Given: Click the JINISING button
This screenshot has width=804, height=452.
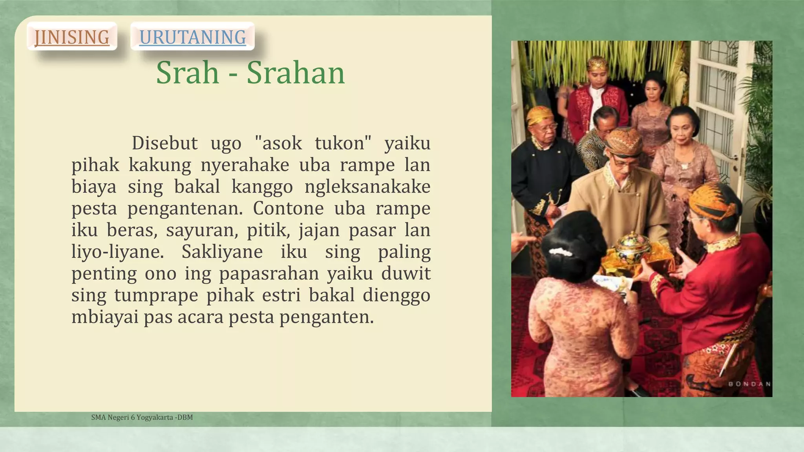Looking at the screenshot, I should (x=72, y=37).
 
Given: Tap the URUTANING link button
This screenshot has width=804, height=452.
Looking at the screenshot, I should (x=192, y=37).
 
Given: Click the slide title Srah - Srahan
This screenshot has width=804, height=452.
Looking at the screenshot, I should (x=250, y=73).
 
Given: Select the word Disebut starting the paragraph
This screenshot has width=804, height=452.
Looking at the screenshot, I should (x=164, y=143).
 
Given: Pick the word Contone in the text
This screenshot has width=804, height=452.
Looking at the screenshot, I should (x=288, y=208).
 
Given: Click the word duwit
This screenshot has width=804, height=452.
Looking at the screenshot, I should (x=406, y=273).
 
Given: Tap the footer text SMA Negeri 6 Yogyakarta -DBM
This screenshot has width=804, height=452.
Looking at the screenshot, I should (x=142, y=417).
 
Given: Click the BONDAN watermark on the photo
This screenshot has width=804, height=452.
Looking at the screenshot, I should (x=749, y=384).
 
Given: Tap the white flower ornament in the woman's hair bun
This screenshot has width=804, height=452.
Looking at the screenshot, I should (x=561, y=252).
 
